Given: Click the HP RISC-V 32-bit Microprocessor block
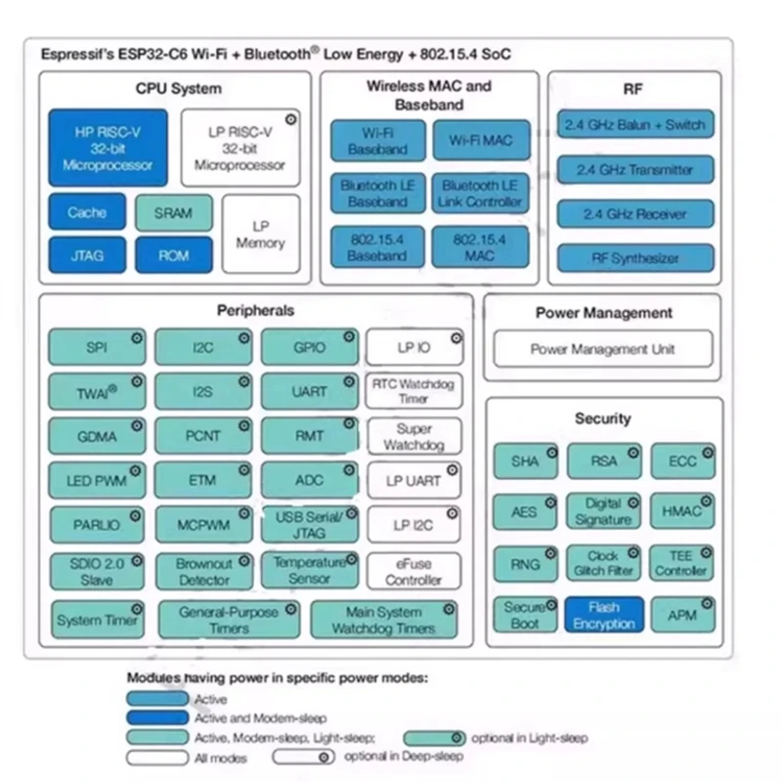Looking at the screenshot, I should tap(108, 149).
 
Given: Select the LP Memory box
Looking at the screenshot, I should tap(260, 235).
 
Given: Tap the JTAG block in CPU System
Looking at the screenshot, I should tap(87, 256).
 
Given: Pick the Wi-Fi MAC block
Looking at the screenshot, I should tap(480, 141).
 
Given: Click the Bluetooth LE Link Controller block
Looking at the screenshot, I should tap(480, 194).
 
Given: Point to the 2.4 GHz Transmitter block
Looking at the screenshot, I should tap(634, 169).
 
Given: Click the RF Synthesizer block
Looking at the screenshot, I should tap(634, 259).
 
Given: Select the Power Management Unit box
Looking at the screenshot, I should tap(602, 349).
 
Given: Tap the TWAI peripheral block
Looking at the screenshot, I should tap(97, 392).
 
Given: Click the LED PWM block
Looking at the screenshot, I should tap(97, 481).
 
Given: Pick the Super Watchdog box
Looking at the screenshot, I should tap(413, 437).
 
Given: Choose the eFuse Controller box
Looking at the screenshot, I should tap(413, 572).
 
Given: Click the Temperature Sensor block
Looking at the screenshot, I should tap(309, 571).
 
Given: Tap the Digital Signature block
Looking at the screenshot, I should tap(604, 511).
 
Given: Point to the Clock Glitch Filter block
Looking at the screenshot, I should tap(604, 563).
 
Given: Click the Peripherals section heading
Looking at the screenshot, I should tap(255, 311).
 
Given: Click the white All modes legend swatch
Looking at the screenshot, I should tap(156, 758).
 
